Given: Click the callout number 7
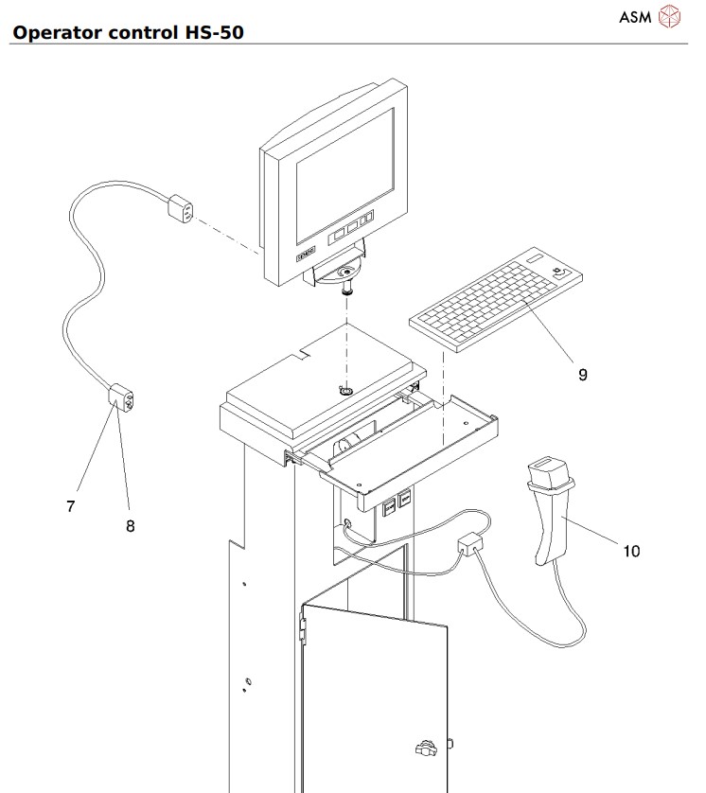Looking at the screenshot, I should tap(70, 506).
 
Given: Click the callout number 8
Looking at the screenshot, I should tap(131, 526).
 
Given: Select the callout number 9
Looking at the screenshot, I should tap(583, 375).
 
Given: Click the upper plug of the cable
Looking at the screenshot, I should tap(182, 208).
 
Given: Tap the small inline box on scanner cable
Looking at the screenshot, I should tap(469, 544).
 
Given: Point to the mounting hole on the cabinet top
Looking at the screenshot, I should tap(346, 390).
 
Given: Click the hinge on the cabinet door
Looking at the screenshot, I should tap(303, 626).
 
